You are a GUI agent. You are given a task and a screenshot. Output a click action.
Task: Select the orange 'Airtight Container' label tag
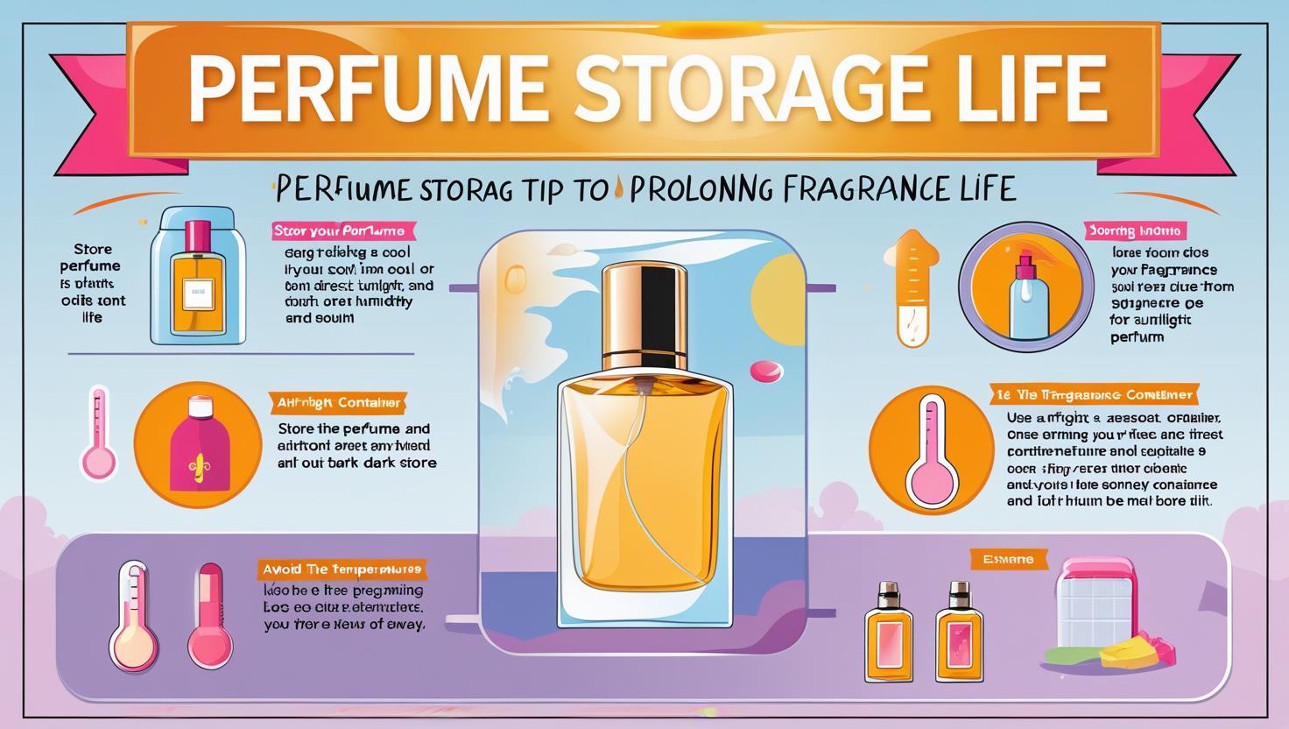336,403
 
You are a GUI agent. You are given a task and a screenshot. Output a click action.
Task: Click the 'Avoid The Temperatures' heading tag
342,570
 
